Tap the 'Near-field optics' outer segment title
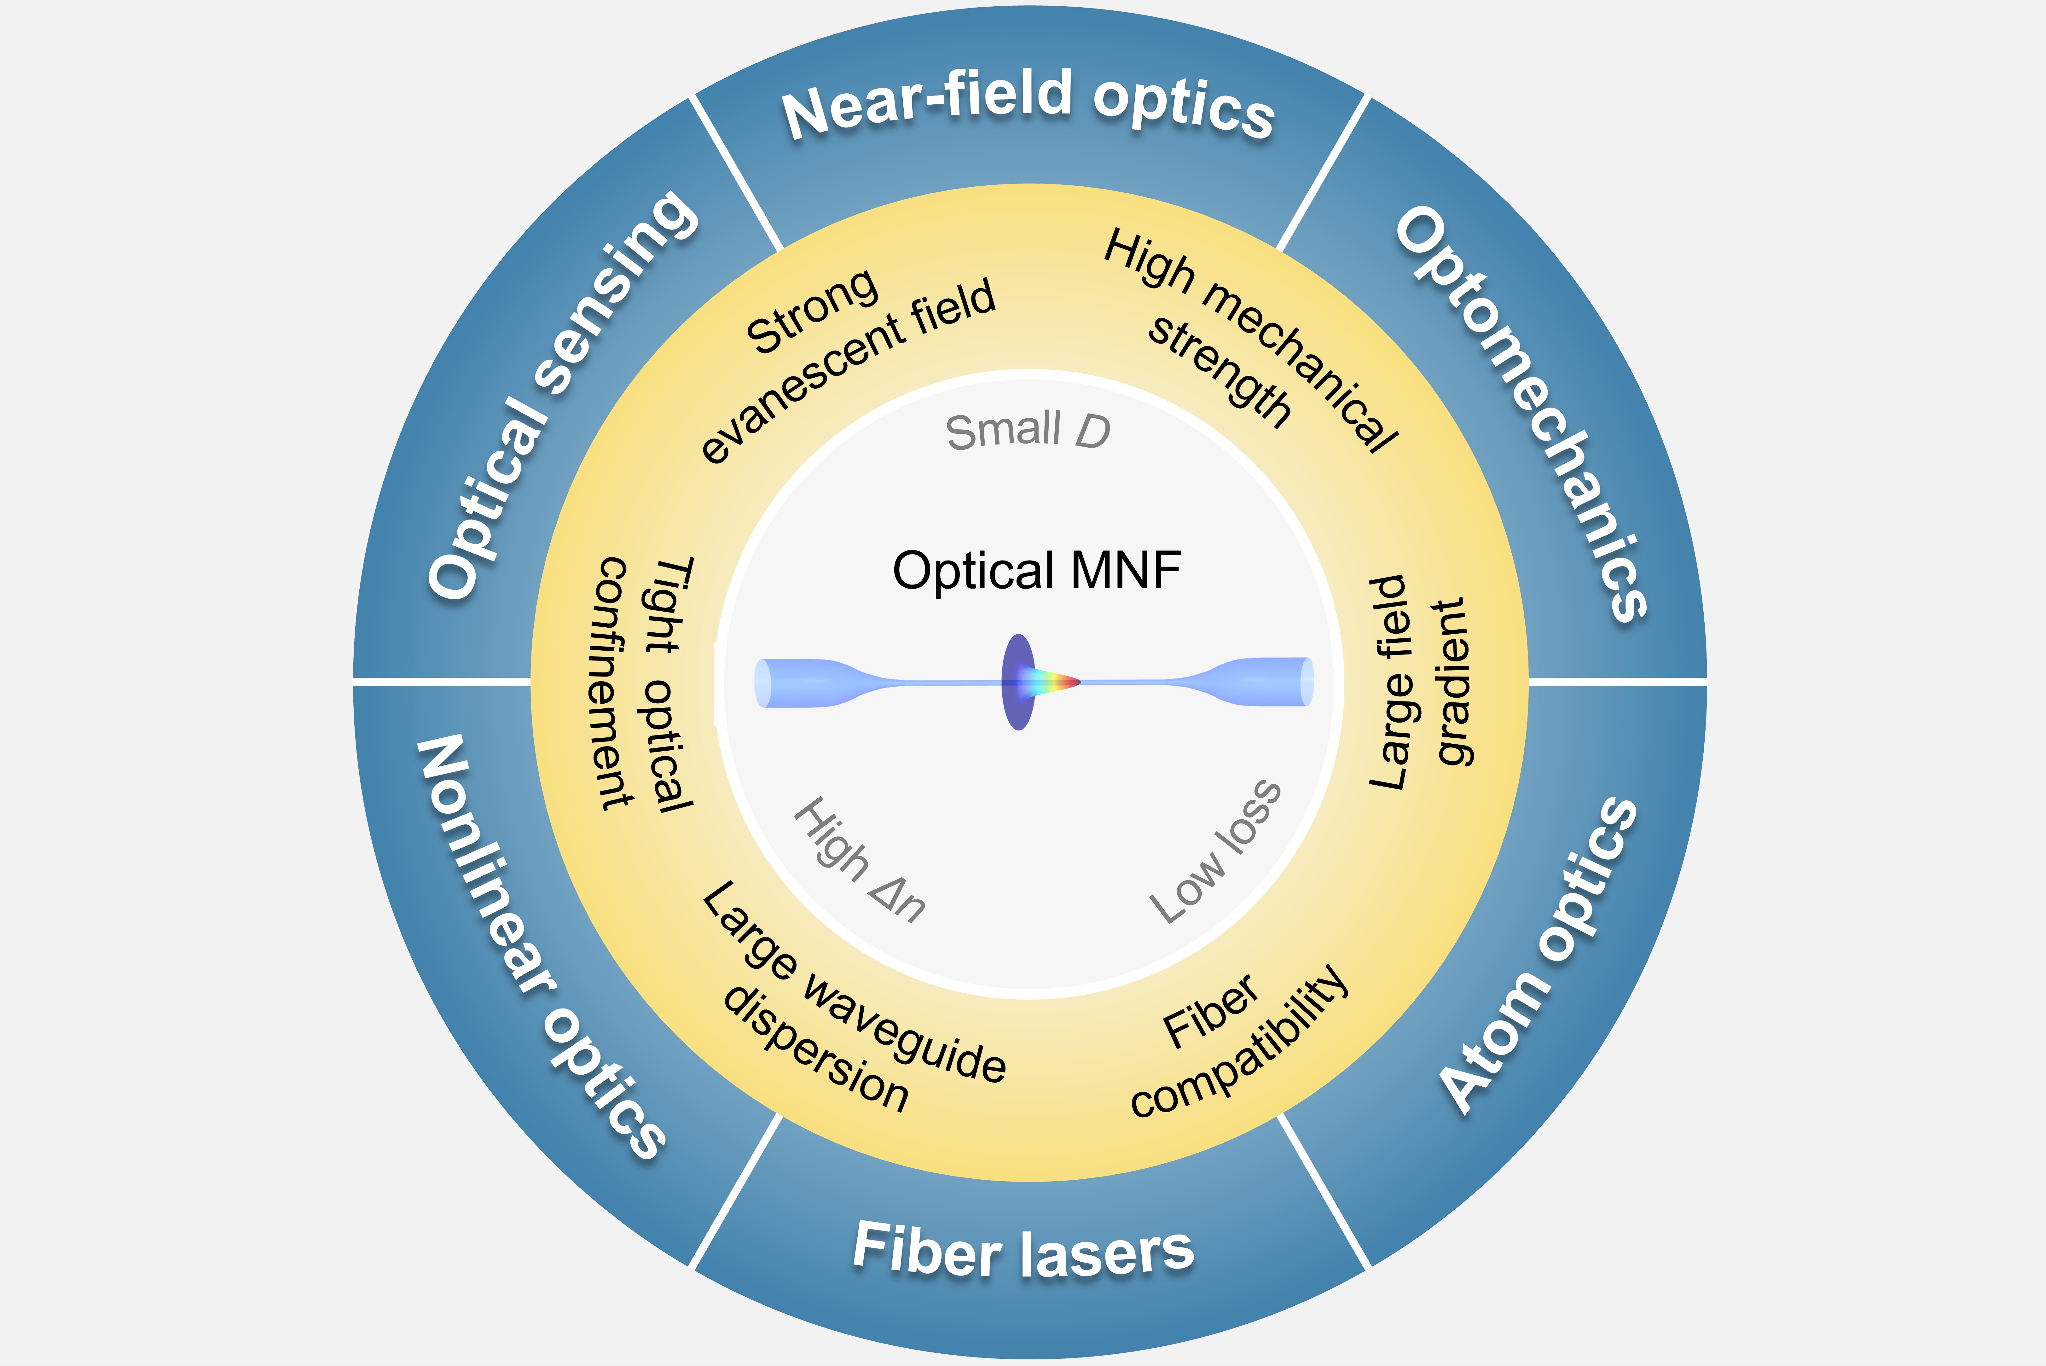pyautogui.click(x=1028, y=106)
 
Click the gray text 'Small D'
pyautogui.click(x=1028, y=430)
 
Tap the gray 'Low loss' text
pyautogui.click(x=1215, y=851)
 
